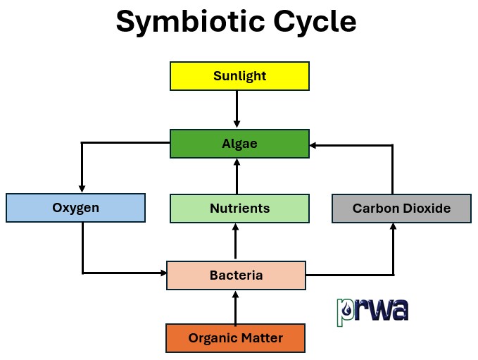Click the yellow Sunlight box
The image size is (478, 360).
(239, 76)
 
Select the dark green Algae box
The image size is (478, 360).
(239, 144)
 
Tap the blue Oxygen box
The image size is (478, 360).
(75, 208)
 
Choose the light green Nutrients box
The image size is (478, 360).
(239, 209)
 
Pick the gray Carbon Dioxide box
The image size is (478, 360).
(401, 209)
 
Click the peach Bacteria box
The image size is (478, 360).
(236, 275)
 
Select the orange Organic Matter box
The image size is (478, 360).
(235, 338)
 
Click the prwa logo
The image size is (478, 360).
(372, 309)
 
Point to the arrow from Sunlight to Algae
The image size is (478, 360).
(237, 109)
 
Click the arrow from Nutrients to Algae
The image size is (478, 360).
(237, 176)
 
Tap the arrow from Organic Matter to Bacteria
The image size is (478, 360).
(235, 307)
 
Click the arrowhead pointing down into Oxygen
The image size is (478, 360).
(82, 188)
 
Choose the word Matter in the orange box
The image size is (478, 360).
(260, 338)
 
